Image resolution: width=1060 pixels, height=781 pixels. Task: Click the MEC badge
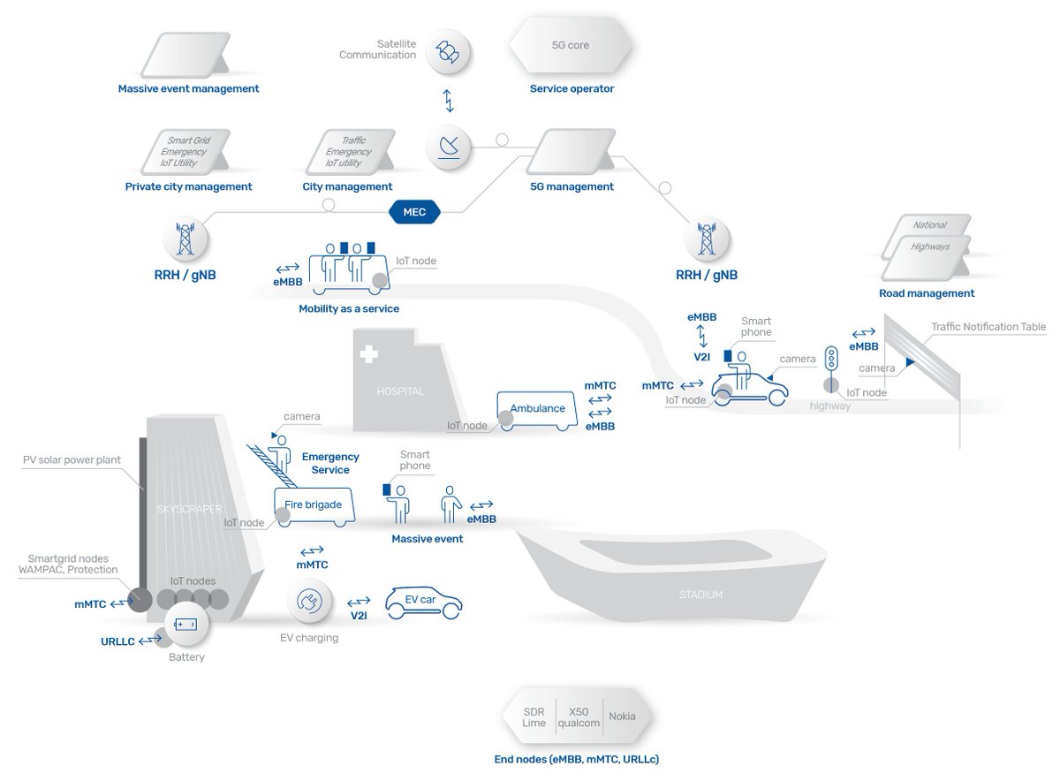pos(414,212)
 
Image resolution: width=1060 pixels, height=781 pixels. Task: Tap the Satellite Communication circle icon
pos(448,51)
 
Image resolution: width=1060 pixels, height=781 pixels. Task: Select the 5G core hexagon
pos(571,46)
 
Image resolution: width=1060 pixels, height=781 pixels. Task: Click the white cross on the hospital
pos(368,355)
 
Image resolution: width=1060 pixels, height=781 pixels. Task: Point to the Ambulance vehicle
pos(537,410)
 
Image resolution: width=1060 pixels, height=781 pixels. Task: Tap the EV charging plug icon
pos(309,602)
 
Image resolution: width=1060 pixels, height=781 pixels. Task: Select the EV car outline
pos(423,603)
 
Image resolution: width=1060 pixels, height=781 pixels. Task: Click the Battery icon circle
pos(185,625)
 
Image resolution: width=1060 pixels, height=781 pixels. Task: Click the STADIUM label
pos(700,595)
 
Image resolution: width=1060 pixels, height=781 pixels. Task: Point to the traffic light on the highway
pos(830,359)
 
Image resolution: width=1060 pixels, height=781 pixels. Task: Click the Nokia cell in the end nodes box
pos(623,717)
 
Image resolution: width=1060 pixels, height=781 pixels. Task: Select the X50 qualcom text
pos(579,717)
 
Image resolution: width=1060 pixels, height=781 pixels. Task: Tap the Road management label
pos(927,293)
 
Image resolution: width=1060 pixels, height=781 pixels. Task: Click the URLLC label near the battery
pos(117,641)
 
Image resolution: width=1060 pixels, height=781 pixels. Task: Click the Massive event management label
pos(188,88)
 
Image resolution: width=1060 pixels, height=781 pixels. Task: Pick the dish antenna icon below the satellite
pos(448,147)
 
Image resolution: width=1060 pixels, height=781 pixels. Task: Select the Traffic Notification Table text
pos(988,327)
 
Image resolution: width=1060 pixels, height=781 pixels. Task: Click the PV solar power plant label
pos(72,460)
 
